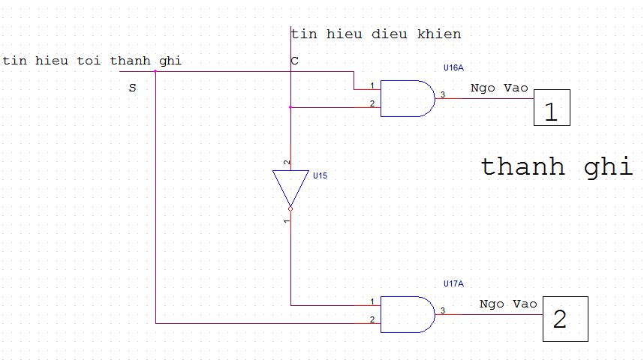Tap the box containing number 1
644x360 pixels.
pyautogui.click(x=552, y=108)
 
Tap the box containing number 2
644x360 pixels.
pyautogui.click(x=561, y=319)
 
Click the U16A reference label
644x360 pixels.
pyautogui.click(x=453, y=67)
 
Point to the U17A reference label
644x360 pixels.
pyautogui.click(x=453, y=283)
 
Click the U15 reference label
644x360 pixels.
pyautogui.click(x=320, y=175)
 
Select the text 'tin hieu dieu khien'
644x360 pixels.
pyautogui.click(x=376, y=34)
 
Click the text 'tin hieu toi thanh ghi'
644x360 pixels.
pyautogui.click(x=92, y=60)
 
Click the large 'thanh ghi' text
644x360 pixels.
pyautogui.click(x=556, y=166)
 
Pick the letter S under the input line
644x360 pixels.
pyautogui.click(x=132, y=88)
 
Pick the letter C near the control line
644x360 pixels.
pyautogui.click(x=294, y=61)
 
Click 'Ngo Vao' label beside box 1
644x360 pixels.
pyautogui.click(x=499, y=88)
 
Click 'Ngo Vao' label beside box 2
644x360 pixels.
pyautogui.click(x=508, y=304)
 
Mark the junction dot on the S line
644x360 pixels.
pyautogui.click(x=155, y=72)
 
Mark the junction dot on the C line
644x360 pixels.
pyautogui.click(x=290, y=107)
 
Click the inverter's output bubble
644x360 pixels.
pyautogui.click(x=290, y=209)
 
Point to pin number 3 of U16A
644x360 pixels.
pyautogui.click(x=443, y=94)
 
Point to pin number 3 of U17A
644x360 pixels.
pyautogui.click(x=443, y=310)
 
